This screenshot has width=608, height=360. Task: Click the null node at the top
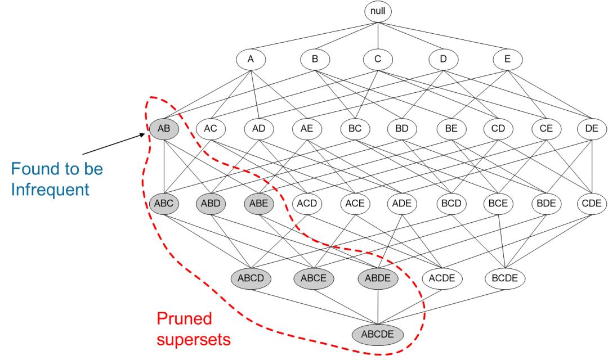click(378, 11)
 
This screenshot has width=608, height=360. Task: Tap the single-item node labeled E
click(507, 58)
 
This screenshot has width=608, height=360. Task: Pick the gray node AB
click(164, 129)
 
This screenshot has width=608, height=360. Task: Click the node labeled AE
click(307, 129)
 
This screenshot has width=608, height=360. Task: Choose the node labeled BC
click(355, 129)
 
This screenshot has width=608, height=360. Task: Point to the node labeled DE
click(591, 129)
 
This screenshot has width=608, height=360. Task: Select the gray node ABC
click(164, 203)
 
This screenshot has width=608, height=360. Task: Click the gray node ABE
click(260, 203)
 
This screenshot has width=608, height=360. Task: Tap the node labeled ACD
click(307, 203)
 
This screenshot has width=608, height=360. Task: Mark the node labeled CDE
click(591, 203)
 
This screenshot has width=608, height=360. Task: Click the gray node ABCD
click(251, 277)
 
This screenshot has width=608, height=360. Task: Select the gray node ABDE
click(378, 277)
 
